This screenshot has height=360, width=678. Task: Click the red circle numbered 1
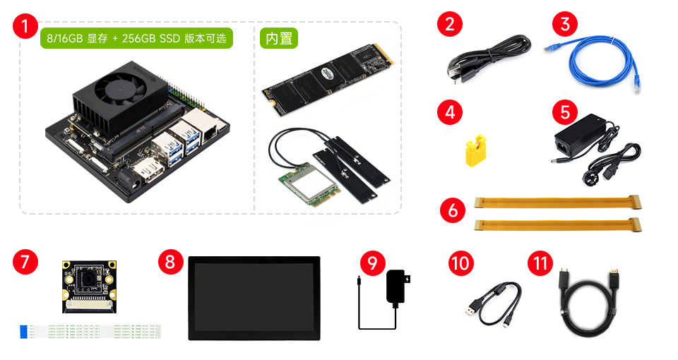(x=26, y=28)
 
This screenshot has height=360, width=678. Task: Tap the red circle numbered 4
(x=449, y=112)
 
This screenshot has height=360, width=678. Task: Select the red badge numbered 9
(x=371, y=263)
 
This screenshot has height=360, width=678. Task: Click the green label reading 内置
(x=278, y=38)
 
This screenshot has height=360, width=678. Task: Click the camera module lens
(x=88, y=280)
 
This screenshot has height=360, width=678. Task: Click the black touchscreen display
(x=254, y=296)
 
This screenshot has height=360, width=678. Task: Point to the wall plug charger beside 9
(x=394, y=287)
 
